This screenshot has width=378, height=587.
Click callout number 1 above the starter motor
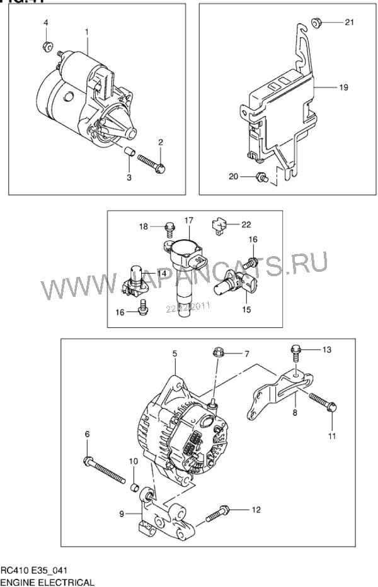coord(87,31)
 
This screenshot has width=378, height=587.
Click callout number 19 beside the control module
coord(343,88)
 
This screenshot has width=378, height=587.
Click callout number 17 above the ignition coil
coord(188,220)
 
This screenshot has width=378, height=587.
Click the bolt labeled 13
coord(295,350)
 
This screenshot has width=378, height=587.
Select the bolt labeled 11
coord(324,404)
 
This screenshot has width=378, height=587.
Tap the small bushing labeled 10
coord(134,486)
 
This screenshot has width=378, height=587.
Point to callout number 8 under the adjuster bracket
coord(294,414)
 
